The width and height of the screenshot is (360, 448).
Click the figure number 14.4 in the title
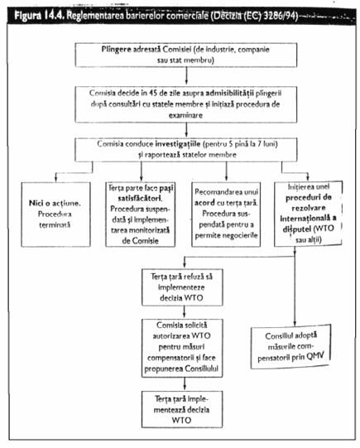54,15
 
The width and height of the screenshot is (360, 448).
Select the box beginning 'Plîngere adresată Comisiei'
186,55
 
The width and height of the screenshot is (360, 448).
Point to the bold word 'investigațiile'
178,144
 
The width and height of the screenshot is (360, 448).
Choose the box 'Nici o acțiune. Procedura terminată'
55,214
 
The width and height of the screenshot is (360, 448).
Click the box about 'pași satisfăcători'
140,214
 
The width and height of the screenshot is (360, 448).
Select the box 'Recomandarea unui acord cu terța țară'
226,214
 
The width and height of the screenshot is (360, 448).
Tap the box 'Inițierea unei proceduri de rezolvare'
308,214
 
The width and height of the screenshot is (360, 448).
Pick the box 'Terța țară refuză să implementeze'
182,287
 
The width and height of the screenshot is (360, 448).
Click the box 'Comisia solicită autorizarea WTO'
182,348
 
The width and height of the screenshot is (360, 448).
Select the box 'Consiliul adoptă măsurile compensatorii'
290,346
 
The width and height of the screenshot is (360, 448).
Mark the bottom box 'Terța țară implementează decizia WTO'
182,409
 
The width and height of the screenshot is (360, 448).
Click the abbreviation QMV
315,356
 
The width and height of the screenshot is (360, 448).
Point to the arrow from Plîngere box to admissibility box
186,76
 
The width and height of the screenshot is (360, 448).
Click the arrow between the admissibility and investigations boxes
186,130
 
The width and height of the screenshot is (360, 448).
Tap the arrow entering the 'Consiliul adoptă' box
295,287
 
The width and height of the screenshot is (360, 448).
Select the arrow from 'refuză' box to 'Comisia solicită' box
185,312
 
